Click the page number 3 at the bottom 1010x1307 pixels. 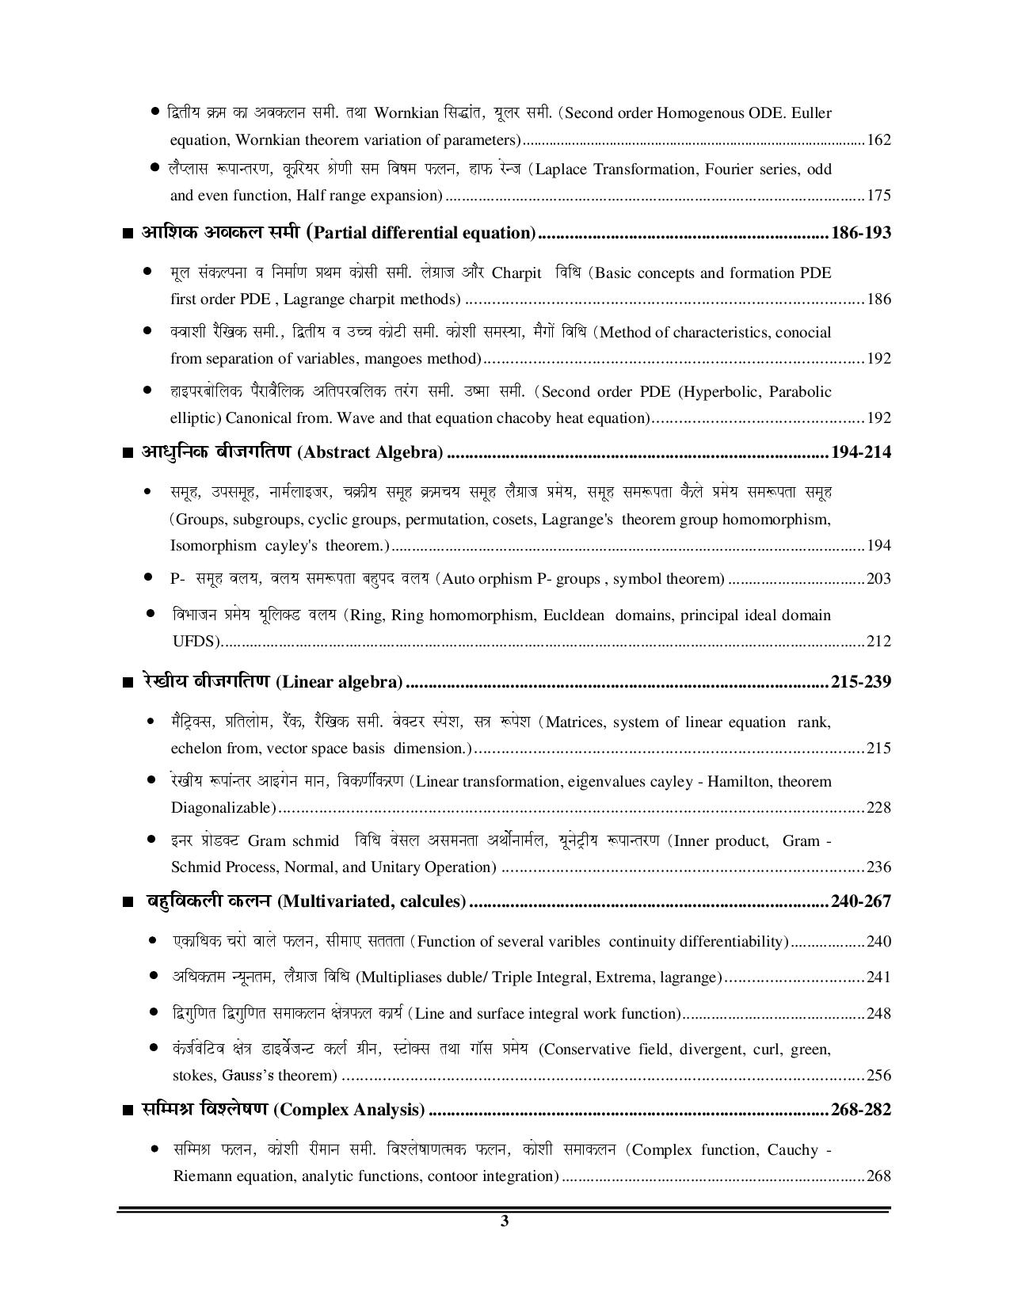[505, 1221]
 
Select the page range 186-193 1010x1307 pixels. [860, 233]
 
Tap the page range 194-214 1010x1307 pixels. [860, 452]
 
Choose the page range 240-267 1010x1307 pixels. [860, 901]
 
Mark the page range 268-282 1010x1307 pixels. [861, 1110]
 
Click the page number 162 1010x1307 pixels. [879, 140]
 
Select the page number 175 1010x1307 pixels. [879, 196]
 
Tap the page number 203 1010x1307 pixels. [879, 579]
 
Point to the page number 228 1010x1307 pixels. [879, 808]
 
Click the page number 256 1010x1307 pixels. [879, 1076]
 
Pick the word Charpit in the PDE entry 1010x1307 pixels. [516, 273]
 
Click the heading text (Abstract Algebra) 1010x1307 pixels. [370, 452]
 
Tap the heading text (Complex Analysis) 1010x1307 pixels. [349, 1110]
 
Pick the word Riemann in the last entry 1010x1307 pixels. [198, 1176]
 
